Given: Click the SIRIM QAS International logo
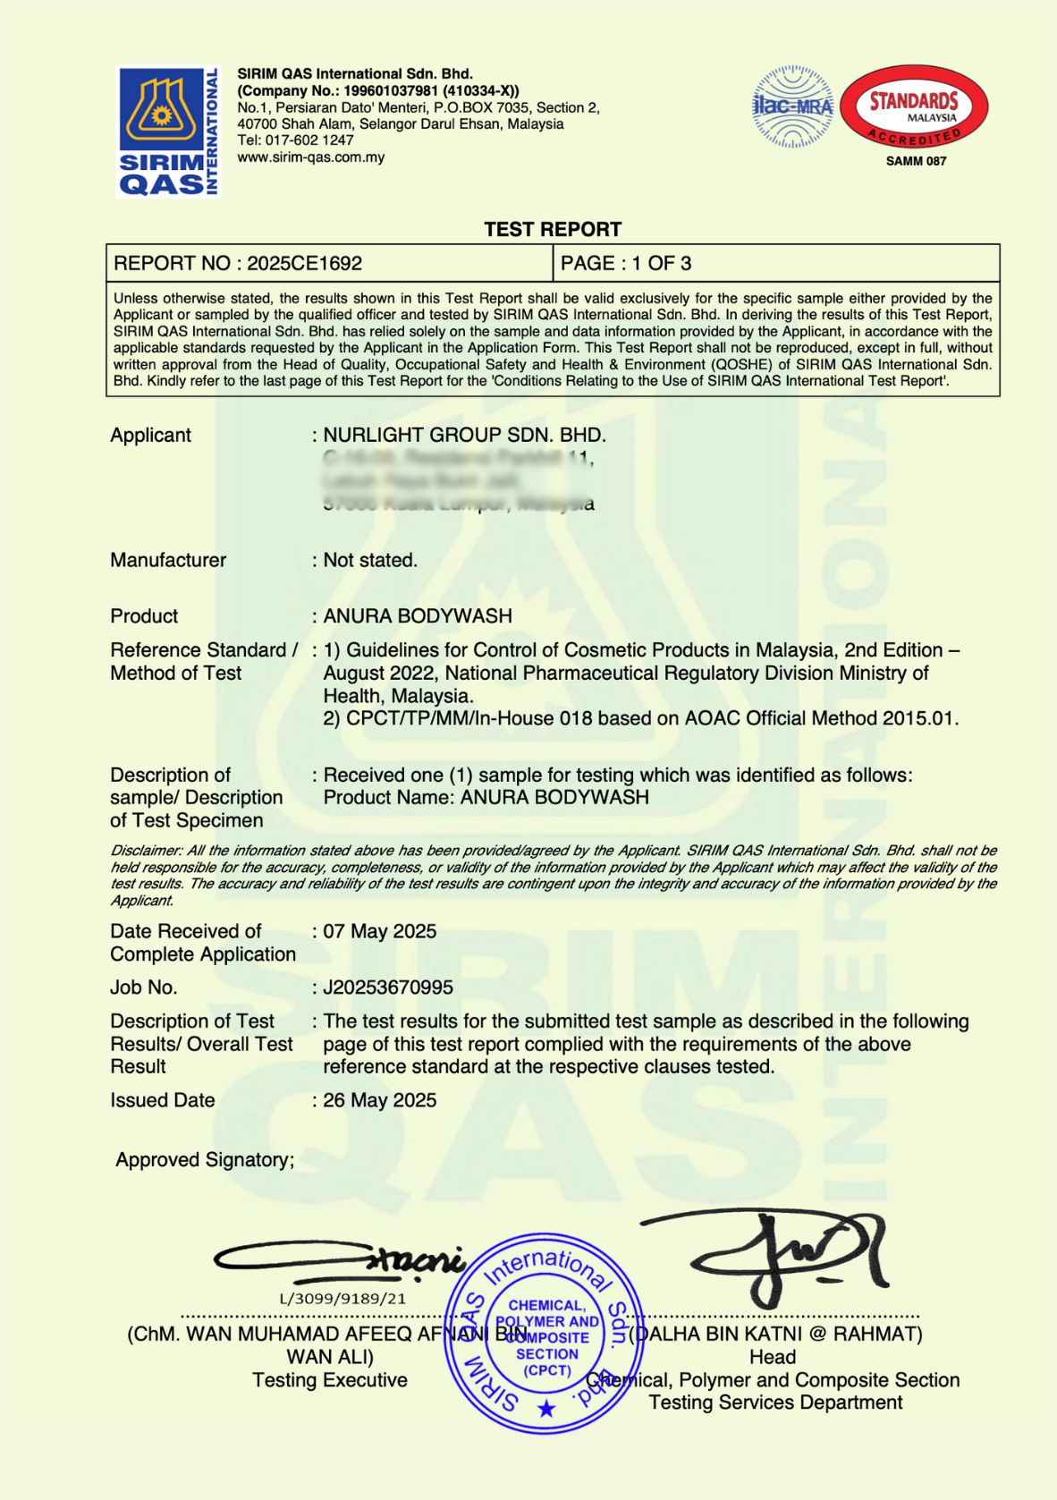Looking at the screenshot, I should pos(168,131).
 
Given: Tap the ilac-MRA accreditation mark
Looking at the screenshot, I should pos(792,106).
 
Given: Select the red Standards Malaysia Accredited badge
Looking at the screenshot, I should pos(914,106).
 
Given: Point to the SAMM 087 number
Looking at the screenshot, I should pos(916,161).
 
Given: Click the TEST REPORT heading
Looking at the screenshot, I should pos(553,229).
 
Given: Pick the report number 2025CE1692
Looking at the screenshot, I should pos(304,263).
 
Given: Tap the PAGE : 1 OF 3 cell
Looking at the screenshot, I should pos(626,263).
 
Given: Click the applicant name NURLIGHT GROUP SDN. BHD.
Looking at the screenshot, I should pos(464,436).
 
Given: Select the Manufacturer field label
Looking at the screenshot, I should pos(168,560).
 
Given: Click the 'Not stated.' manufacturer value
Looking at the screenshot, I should pos(370,560).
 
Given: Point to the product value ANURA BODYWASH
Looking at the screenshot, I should pos(418,616).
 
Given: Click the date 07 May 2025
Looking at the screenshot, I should pos(380,931).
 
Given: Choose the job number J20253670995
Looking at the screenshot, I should pos(388,987).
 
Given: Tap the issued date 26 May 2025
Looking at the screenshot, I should pos(380,1100).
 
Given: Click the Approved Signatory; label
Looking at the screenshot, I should pos(205,1160).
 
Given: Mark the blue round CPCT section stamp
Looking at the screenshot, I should pos(545,1334).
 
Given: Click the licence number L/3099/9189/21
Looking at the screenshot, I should pos(342,1299).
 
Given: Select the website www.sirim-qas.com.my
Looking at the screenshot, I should pos(310,157).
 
